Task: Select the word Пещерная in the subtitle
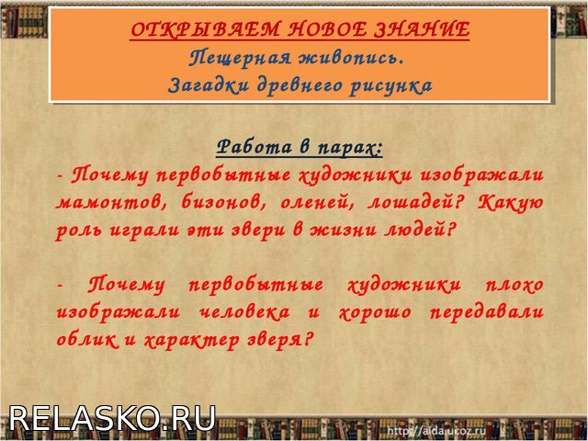[x=239, y=59]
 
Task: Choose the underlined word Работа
[x=254, y=146]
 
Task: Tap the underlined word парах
[x=349, y=148]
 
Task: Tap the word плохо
[x=514, y=286]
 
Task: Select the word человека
[x=243, y=312]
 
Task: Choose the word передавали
[x=486, y=312]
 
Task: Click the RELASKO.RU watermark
[x=112, y=419]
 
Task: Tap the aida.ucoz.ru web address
[x=436, y=430]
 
